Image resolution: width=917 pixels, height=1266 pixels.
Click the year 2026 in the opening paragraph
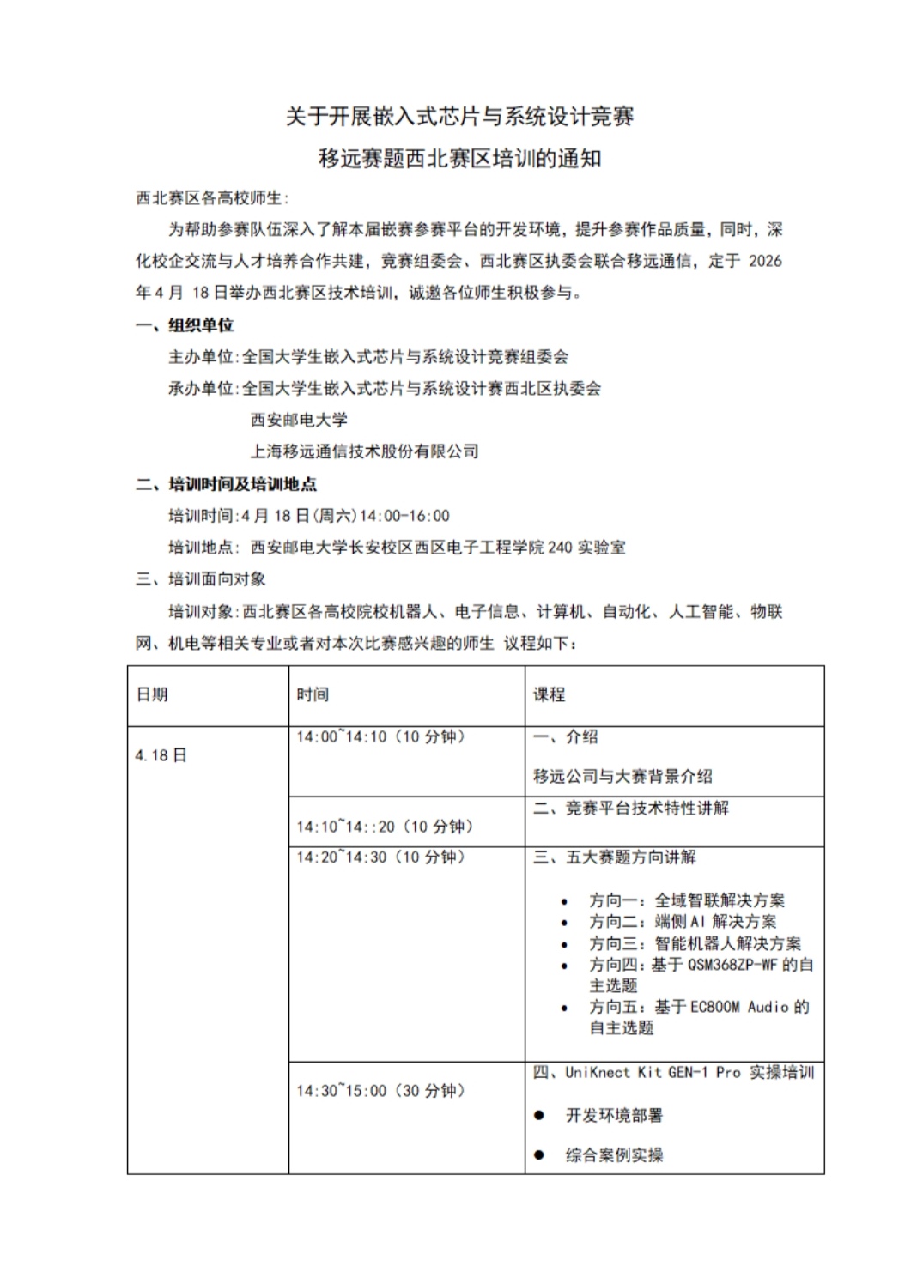(765, 261)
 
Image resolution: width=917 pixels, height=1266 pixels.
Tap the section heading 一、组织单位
(185, 325)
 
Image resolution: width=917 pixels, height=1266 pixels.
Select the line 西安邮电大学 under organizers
(299, 420)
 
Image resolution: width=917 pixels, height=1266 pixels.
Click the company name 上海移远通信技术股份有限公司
(364, 451)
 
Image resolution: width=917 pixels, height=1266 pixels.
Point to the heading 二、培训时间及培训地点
(226, 484)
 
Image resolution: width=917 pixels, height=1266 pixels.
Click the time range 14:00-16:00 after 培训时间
(404, 516)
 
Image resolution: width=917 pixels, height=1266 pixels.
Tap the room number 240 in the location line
(559, 548)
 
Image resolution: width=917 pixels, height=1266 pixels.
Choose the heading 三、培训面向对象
(201, 579)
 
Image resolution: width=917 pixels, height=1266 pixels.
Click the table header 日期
(152, 694)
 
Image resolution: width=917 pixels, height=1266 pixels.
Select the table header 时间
(313, 694)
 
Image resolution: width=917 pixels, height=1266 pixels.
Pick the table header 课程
(550, 694)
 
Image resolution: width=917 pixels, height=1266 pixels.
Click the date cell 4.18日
(161, 755)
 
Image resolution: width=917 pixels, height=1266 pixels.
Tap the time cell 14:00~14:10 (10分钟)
(380, 736)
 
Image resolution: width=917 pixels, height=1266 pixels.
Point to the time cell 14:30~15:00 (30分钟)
(380, 1091)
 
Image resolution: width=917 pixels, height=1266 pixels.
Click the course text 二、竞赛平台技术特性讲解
(631, 808)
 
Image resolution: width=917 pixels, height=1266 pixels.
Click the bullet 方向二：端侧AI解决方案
(683, 922)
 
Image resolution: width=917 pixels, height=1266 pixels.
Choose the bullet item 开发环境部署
(614, 1116)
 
